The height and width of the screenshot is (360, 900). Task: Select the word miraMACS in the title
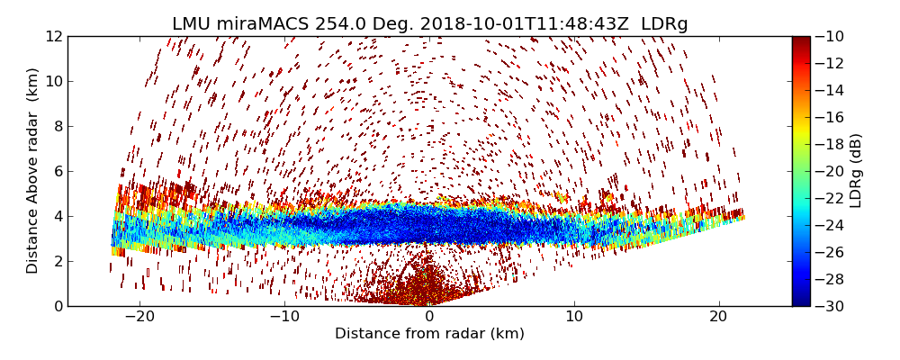click(x=261, y=24)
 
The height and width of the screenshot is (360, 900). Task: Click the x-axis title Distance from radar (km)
click(x=429, y=334)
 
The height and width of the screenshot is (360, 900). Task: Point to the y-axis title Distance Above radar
click(x=33, y=170)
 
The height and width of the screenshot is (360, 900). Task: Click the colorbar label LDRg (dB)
click(x=856, y=170)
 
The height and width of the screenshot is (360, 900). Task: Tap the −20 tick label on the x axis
click(x=139, y=317)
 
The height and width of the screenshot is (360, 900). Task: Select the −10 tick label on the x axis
click(x=284, y=317)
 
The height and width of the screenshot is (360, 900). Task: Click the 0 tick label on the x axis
click(x=429, y=317)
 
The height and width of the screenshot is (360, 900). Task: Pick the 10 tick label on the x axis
click(x=574, y=317)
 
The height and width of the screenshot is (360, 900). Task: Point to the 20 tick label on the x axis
click(x=718, y=317)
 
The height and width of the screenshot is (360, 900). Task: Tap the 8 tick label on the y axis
click(x=57, y=126)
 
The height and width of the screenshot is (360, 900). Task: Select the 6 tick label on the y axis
click(x=57, y=171)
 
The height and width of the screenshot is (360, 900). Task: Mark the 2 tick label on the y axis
click(x=57, y=261)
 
